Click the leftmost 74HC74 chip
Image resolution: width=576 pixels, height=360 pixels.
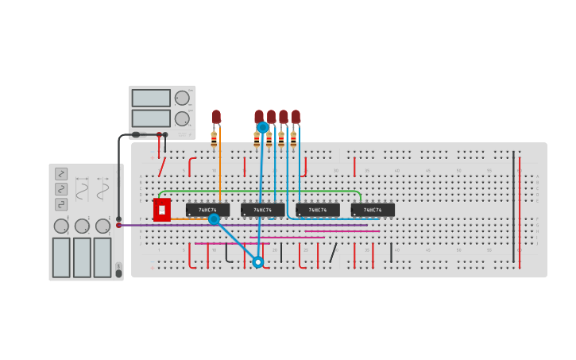[x=207, y=210]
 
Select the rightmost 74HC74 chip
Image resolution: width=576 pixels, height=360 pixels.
[x=373, y=210]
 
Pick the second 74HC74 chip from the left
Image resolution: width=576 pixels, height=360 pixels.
[x=262, y=210]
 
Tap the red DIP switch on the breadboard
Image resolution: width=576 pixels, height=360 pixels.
[x=162, y=210]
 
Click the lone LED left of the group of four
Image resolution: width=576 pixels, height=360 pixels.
[x=216, y=117]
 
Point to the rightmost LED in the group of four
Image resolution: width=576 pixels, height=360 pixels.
[x=296, y=116]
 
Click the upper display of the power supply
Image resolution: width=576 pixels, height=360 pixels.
[x=151, y=98]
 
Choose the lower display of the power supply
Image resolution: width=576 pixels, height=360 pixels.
[x=151, y=118]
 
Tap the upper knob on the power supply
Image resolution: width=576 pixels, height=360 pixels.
[x=182, y=98]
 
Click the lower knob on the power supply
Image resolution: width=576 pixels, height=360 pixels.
[x=182, y=118]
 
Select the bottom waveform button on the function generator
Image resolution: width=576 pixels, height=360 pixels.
[x=61, y=204]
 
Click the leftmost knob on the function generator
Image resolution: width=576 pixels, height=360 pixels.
[x=61, y=226]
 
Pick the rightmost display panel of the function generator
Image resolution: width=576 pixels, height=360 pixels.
[x=102, y=257]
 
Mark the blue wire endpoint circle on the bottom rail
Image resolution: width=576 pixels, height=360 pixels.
[x=257, y=261]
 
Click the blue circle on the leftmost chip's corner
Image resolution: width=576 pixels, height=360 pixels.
[x=214, y=219]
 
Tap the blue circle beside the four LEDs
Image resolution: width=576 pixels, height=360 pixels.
[x=263, y=127]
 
